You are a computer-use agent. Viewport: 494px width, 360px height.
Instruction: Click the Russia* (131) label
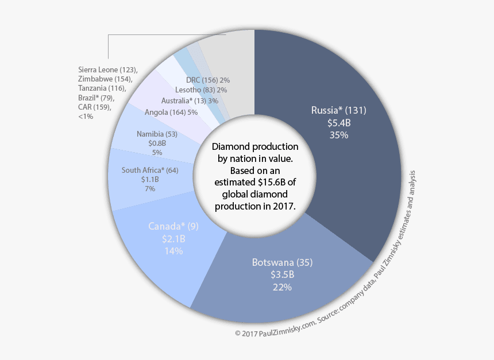click(x=338, y=110)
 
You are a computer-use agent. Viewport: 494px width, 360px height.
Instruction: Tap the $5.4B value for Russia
click(x=338, y=123)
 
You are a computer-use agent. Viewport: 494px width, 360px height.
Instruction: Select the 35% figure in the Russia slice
click(x=338, y=136)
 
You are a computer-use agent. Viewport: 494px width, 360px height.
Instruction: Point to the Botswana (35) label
click(x=282, y=263)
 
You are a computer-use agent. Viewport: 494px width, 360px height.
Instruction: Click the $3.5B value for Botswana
click(x=282, y=275)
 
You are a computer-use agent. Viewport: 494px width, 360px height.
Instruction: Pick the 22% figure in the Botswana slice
click(x=282, y=287)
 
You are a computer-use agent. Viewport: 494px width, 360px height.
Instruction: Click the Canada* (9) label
click(x=173, y=226)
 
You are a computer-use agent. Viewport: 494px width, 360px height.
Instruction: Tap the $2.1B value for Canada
click(x=173, y=238)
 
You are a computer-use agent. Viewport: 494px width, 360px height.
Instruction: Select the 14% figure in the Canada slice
click(x=173, y=251)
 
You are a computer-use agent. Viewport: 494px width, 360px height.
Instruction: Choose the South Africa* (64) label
click(x=150, y=170)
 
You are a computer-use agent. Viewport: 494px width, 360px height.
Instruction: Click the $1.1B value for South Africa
click(x=150, y=179)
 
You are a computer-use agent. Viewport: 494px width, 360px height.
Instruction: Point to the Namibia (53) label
click(x=157, y=134)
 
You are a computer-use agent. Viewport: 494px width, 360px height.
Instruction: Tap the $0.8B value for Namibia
click(x=157, y=144)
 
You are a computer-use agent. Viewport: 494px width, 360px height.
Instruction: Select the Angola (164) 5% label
click(x=171, y=113)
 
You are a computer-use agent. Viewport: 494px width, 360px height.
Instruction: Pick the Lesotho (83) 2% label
click(x=201, y=90)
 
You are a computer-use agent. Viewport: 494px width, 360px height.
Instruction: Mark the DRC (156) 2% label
click(x=208, y=80)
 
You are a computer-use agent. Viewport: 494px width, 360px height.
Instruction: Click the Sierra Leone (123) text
click(x=107, y=70)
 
